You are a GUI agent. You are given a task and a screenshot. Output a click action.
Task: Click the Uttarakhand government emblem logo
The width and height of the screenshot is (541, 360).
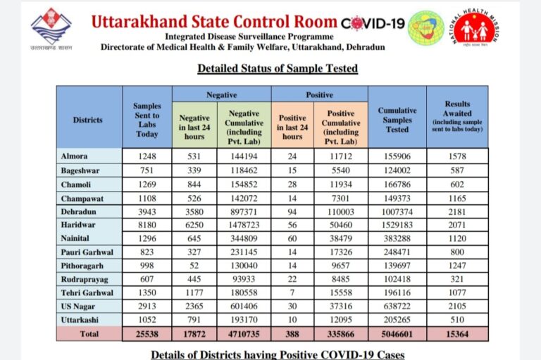[x=51, y=28]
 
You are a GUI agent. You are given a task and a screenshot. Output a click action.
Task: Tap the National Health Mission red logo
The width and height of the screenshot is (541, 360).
[x=475, y=28]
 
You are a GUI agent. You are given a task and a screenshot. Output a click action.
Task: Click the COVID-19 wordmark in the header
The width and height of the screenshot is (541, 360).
[x=373, y=23]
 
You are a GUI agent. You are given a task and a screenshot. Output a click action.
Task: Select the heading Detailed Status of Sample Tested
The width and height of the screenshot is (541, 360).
[x=278, y=68]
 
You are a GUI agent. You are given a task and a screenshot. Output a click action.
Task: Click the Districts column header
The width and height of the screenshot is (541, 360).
[x=87, y=120]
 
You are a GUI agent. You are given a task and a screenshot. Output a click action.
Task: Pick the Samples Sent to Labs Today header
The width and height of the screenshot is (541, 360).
[x=147, y=120]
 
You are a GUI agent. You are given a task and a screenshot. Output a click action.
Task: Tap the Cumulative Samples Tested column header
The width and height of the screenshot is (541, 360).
[x=397, y=120]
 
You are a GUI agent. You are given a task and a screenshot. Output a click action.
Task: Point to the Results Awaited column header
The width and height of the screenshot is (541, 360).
[x=457, y=116]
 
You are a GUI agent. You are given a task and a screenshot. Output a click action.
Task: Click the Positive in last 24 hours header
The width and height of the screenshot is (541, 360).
[x=292, y=127]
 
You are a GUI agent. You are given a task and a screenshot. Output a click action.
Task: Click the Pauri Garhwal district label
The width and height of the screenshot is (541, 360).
[x=87, y=252]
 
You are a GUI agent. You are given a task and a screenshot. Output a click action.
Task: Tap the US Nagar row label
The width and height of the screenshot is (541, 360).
[x=77, y=306]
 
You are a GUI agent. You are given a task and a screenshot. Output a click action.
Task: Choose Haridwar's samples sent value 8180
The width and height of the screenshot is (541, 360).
[x=147, y=225]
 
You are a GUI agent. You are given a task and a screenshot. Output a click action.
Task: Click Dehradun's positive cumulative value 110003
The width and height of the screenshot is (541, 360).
[x=341, y=212]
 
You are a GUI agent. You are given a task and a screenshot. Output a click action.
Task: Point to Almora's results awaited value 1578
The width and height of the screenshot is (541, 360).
[x=457, y=156]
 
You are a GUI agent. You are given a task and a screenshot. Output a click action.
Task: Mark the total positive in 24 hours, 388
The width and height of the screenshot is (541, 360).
[x=292, y=334]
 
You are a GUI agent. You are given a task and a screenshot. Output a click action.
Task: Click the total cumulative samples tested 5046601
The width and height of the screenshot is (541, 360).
[x=397, y=334]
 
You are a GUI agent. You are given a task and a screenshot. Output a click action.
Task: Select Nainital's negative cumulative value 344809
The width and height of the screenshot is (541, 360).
[x=244, y=239]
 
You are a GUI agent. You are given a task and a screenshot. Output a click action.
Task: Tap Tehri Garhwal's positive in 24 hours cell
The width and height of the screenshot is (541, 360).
[x=292, y=292]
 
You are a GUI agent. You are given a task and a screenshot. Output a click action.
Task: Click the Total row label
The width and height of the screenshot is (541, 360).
[x=89, y=334]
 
